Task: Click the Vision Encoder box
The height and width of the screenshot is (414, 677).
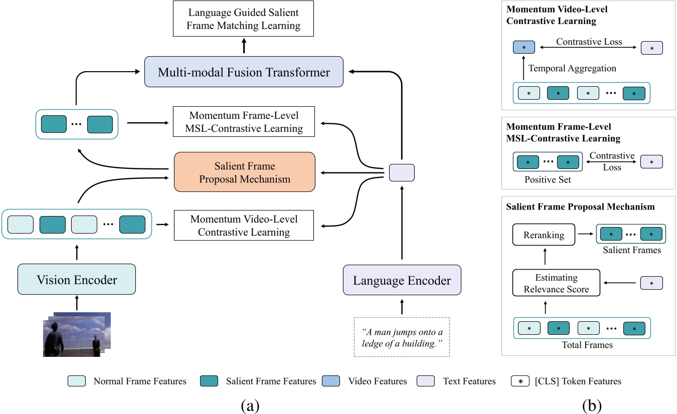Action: coord(77,280)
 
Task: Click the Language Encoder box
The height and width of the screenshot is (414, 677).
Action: coord(402,280)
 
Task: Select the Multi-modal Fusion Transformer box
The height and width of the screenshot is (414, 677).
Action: coord(244,72)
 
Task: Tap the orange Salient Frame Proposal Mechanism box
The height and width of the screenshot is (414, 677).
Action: coord(244,172)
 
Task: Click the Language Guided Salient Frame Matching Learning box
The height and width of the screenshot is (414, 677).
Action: coord(244,18)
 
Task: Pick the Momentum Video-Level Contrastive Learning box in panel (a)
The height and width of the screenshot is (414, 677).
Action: coord(244,225)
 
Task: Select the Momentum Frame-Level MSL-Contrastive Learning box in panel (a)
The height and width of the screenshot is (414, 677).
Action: coord(244,121)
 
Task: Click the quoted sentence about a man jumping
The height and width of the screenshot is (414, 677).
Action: coord(402,337)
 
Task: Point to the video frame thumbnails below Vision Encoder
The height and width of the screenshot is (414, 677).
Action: coord(76,334)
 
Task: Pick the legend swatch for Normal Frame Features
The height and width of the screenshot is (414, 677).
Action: coord(77,381)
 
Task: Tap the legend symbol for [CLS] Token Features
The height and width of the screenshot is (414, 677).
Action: coord(519,381)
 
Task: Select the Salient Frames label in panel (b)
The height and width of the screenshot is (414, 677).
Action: coord(631,250)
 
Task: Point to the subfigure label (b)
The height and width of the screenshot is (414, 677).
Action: coord(592,404)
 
